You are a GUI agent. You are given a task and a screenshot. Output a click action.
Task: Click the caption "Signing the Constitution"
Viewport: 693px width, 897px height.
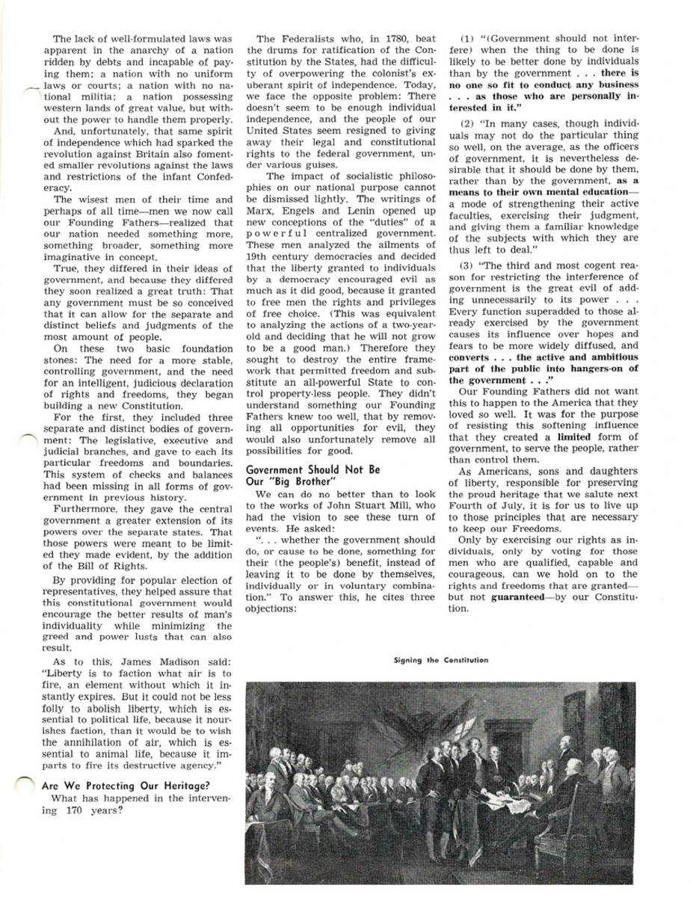pyautogui.click(x=441, y=660)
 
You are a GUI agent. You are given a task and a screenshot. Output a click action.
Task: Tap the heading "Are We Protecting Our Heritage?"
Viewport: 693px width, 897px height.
pyautogui.click(x=126, y=786)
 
